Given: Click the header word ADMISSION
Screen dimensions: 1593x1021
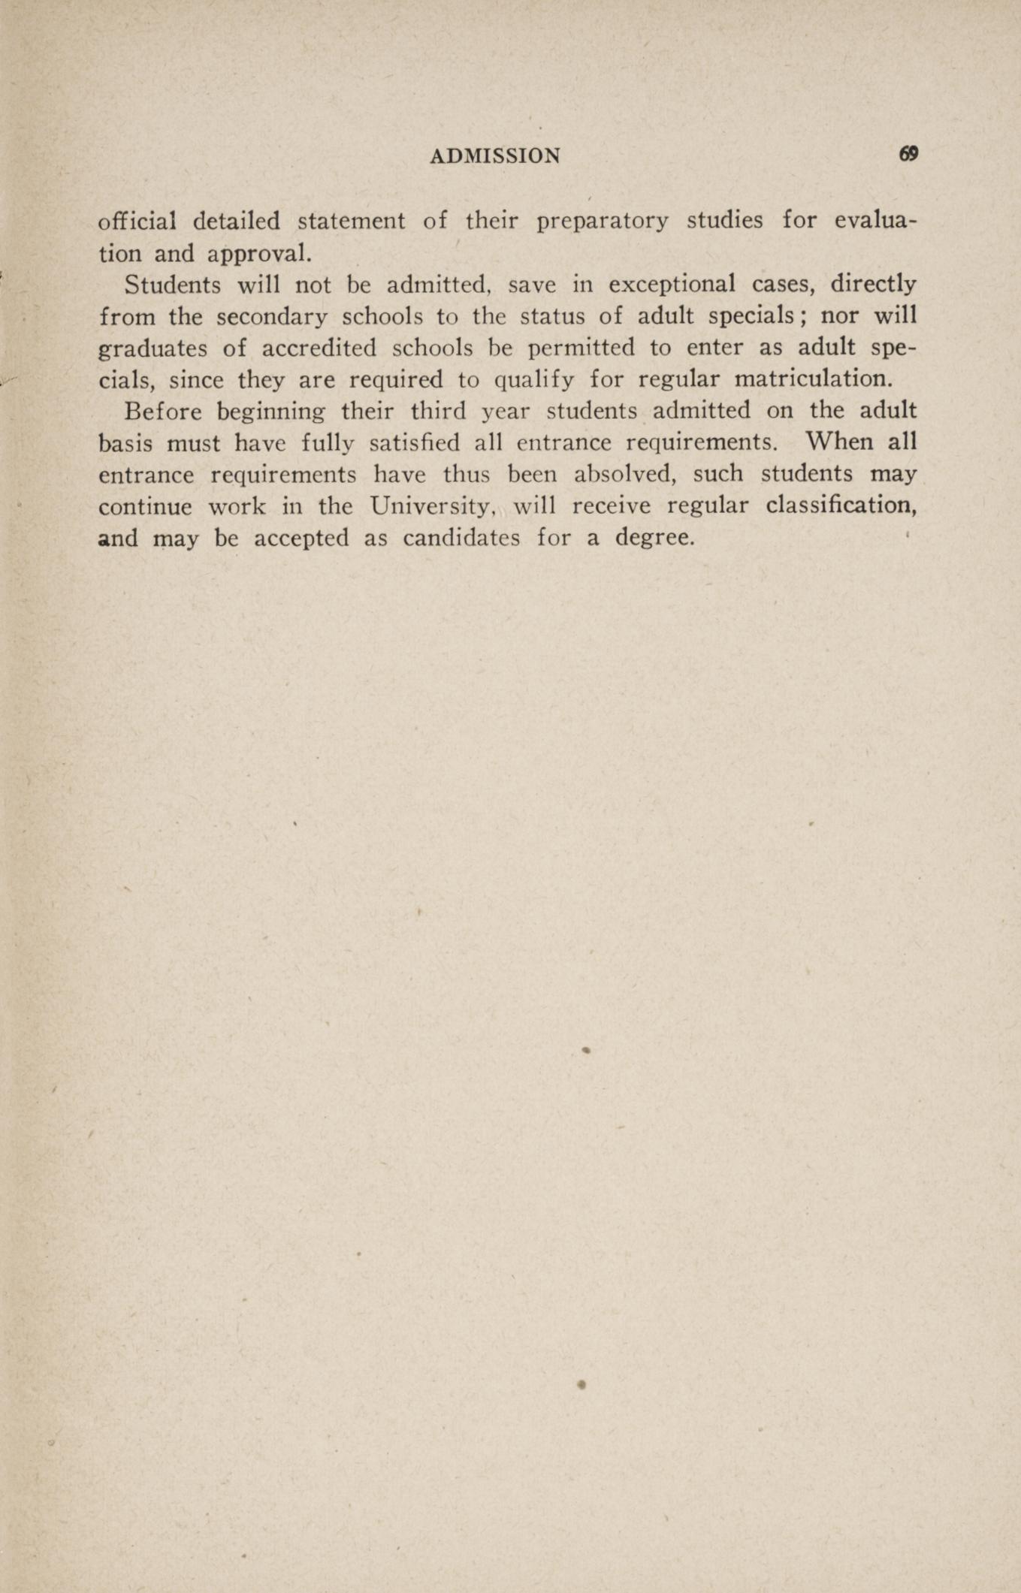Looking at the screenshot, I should point(495,155).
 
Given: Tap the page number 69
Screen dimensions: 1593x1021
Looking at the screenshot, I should point(908,154).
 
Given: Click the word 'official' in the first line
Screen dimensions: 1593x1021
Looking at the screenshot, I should point(137,221).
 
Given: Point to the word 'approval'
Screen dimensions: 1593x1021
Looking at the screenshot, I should point(258,253).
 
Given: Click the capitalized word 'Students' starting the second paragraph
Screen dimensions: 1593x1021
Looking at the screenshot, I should point(172,285).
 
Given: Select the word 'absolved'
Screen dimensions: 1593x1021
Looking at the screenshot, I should point(591,475).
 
